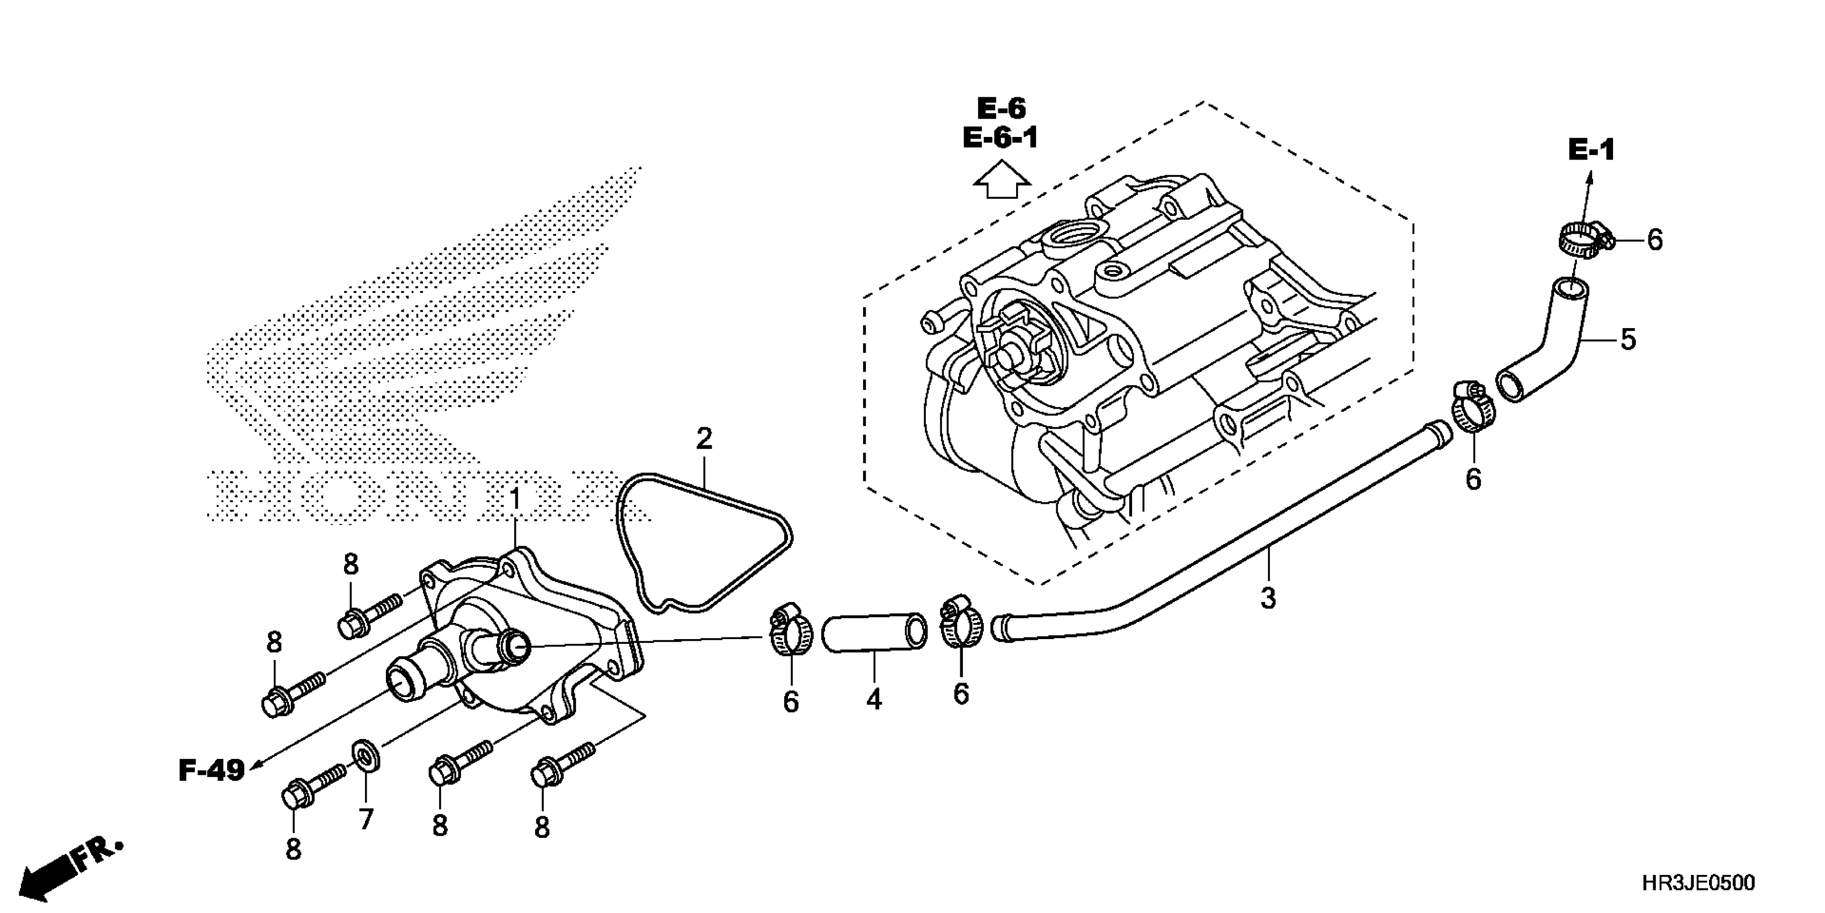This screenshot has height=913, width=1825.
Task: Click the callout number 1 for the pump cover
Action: point(515,500)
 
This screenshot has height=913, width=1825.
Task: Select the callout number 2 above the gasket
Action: point(704,439)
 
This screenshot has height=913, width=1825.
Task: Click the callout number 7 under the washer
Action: point(366,820)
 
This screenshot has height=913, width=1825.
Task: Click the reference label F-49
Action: point(211,770)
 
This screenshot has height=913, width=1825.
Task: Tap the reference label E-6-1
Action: point(1001,138)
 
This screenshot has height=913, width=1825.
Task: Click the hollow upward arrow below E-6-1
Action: point(1001,181)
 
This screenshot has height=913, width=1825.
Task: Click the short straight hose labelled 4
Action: point(874,632)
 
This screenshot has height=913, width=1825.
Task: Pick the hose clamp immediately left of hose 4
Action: point(789,627)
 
